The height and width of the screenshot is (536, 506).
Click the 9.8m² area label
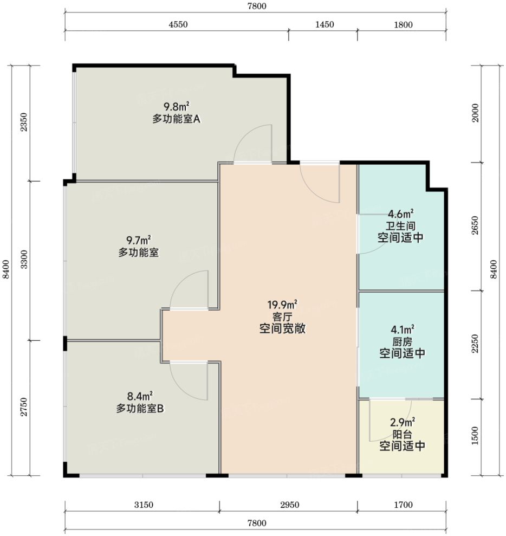(176, 106)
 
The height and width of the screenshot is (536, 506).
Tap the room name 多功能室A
(176, 119)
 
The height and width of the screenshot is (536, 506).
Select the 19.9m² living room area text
(282, 304)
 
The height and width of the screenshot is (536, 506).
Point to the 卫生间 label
(400, 226)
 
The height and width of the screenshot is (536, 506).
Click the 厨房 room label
(403, 341)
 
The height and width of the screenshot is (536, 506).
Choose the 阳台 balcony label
(403, 435)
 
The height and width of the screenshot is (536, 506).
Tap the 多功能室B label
(140, 409)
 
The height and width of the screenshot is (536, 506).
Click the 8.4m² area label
(140, 396)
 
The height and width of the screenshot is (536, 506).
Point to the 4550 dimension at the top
(178, 24)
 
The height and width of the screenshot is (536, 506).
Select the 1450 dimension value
(325, 24)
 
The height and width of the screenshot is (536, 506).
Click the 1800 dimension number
(404, 24)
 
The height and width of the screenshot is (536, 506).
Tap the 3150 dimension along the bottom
(144, 505)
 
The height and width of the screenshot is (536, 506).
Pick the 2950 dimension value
(290, 505)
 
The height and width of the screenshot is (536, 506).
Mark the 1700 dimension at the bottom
(404, 505)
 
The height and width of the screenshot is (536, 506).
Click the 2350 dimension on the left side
(24, 122)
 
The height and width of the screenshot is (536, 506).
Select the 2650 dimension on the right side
(475, 225)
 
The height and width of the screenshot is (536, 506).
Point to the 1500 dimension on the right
(475, 436)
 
